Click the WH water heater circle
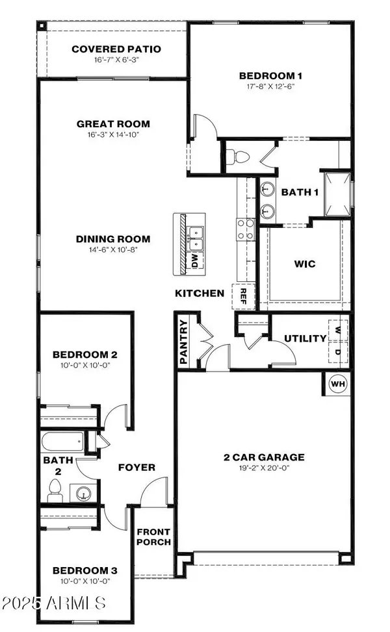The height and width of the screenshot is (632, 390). point(338,383)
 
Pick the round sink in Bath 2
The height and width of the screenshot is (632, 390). point(83,492)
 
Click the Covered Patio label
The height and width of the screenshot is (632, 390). point(116,49)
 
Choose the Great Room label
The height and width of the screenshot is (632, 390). point(113,123)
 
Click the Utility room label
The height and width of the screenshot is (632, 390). point(305,338)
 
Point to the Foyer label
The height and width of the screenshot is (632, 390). point(136,467)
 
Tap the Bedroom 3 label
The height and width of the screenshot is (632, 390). point(85,570)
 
